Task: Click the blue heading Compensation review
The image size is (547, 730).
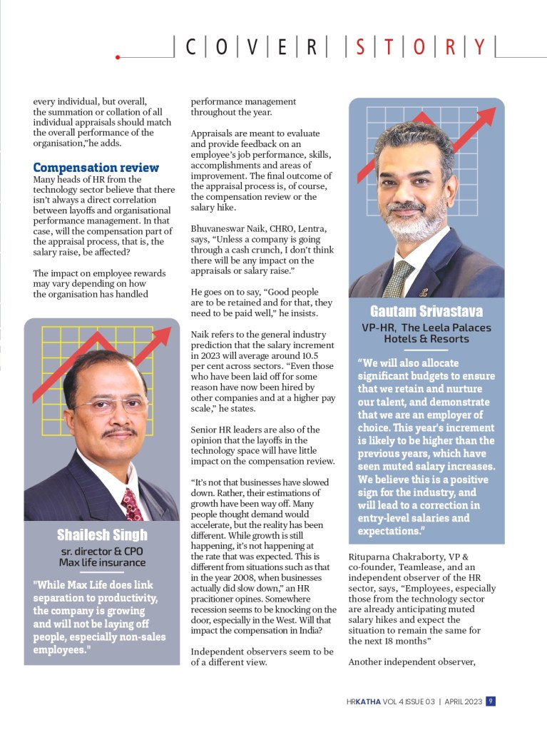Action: tap(96, 168)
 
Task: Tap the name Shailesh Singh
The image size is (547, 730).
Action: tap(101, 534)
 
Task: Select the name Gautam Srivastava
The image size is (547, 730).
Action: tap(426, 311)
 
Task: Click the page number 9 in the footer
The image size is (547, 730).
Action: tap(491, 701)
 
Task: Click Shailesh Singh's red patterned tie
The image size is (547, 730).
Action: tap(133, 502)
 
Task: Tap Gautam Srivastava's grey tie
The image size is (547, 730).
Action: tap(398, 278)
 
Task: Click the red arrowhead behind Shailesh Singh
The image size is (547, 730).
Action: tap(163, 336)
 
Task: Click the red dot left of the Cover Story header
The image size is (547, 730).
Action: tap(117, 56)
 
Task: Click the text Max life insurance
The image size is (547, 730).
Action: tap(102, 562)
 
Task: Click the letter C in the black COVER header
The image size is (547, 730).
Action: tap(191, 47)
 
